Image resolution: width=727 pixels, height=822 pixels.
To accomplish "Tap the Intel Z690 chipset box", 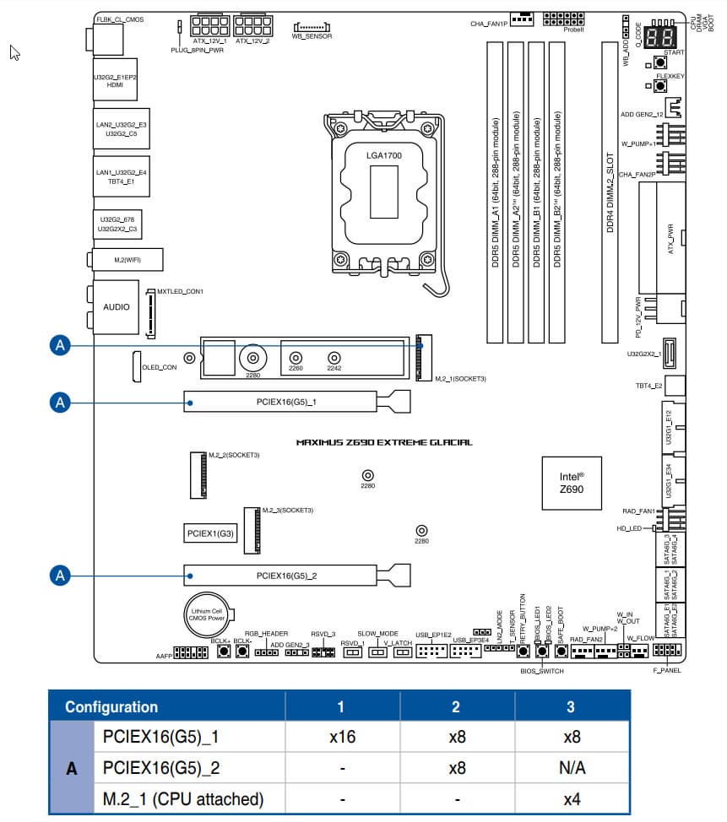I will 572,482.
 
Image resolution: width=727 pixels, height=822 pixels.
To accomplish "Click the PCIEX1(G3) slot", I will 210,533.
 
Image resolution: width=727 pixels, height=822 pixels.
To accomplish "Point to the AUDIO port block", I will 117,307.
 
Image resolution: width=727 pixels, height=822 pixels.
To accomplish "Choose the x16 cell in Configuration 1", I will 342,737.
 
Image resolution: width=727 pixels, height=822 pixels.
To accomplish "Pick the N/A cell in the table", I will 572,768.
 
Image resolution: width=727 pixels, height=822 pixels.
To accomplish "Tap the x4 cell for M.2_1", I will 572,798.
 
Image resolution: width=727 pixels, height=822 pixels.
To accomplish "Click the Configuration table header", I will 111,706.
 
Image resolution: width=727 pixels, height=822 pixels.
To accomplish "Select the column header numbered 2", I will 456,706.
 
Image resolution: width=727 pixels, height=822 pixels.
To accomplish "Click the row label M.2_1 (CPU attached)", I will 182,798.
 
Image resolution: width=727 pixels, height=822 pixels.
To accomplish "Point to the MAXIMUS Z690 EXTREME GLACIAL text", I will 384,442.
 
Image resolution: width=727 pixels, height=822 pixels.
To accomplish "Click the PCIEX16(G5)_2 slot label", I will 286,576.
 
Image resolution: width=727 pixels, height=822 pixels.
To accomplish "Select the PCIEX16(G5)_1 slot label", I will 286,403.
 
